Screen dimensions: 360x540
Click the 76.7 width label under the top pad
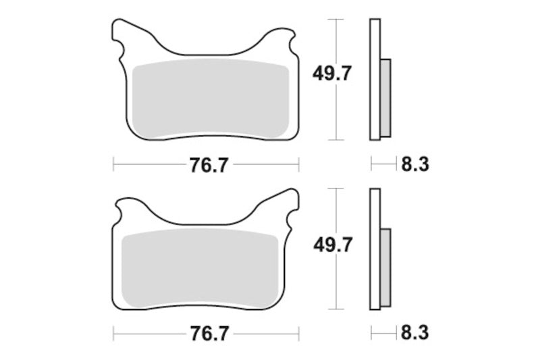pos(206,163)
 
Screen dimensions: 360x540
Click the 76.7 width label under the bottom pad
pos(206,333)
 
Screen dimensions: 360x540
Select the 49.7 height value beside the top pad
pos(330,75)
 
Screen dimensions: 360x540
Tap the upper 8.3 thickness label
pos(414,163)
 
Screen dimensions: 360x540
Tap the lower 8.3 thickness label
pos(414,333)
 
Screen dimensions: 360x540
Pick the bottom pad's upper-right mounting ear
pos(286,200)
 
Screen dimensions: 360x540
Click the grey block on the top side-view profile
pos(385,96)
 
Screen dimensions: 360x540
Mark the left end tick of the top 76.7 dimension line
pos(113,163)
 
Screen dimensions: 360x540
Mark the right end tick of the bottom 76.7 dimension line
pos(298,333)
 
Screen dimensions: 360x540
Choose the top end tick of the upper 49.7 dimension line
pos(335,20)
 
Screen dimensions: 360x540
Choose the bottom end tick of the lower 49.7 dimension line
pos(335,309)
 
